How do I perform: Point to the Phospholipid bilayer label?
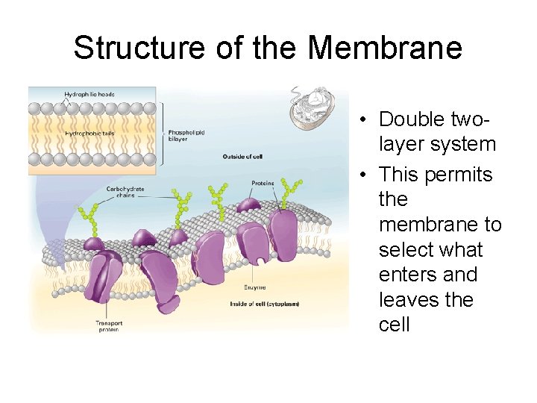[x=186, y=136]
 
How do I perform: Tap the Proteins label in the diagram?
[x=263, y=183]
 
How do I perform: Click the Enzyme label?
[x=255, y=287]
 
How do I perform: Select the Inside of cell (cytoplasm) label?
[x=265, y=304]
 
